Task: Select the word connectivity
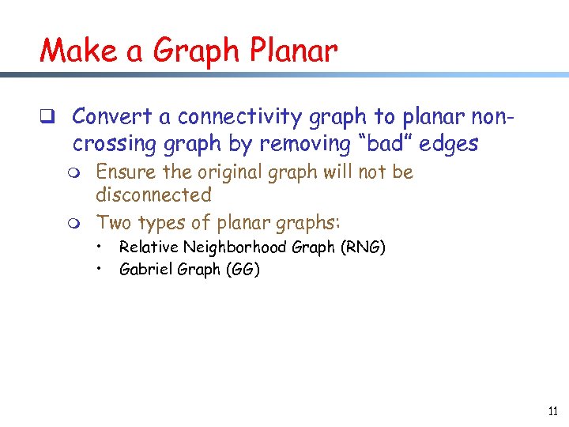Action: (x=244, y=117)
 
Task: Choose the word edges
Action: (x=450, y=144)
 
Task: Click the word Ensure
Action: (x=123, y=172)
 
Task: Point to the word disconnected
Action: (x=154, y=195)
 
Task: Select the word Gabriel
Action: (x=142, y=269)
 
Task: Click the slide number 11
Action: (x=552, y=410)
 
